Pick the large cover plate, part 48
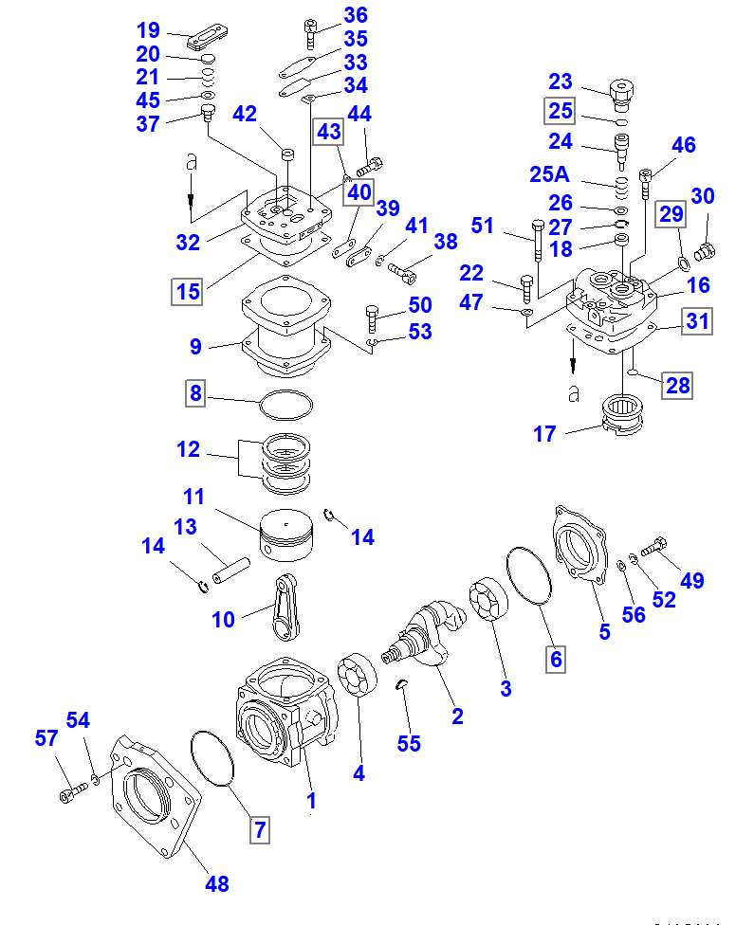[156, 802]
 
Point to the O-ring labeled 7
[213, 758]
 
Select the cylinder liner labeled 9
[285, 332]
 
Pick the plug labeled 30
[707, 251]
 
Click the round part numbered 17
[624, 417]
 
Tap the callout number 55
[409, 744]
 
